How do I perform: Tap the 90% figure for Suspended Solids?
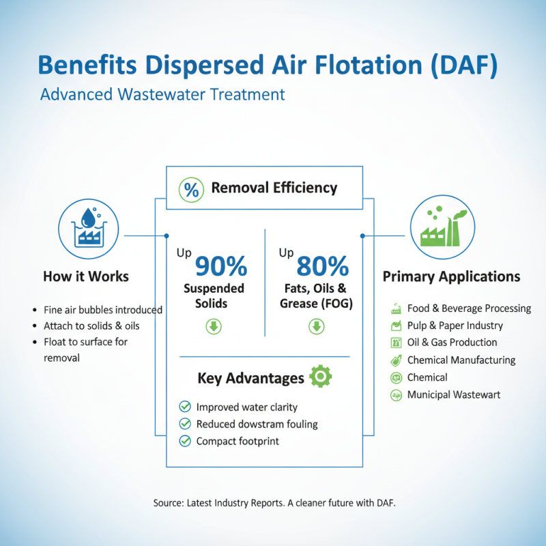pyautogui.click(x=221, y=266)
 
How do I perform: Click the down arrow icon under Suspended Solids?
pyautogui.click(x=214, y=326)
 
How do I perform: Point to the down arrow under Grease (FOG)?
pyautogui.click(x=316, y=326)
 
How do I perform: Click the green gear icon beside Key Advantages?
pyautogui.click(x=320, y=376)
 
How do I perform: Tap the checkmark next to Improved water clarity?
pyautogui.click(x=184, y=407)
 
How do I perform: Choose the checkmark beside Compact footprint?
pyautogui.click(x=184, y=441)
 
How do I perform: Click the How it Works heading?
pyautogui.click(x=86, y=276)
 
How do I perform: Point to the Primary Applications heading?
pyautogui.click(x=451, y=276)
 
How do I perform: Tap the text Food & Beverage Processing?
pyautogui.click(x=469, y=308)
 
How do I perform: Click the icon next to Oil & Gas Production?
pyautogui.click(x=395, y=343)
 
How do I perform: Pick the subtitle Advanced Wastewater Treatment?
pyautogui.click(x=162, y=94)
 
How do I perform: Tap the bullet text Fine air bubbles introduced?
pyautogui.click(x=102, y=309)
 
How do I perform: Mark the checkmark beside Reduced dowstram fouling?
pyautogui.click(x=184, y=424)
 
